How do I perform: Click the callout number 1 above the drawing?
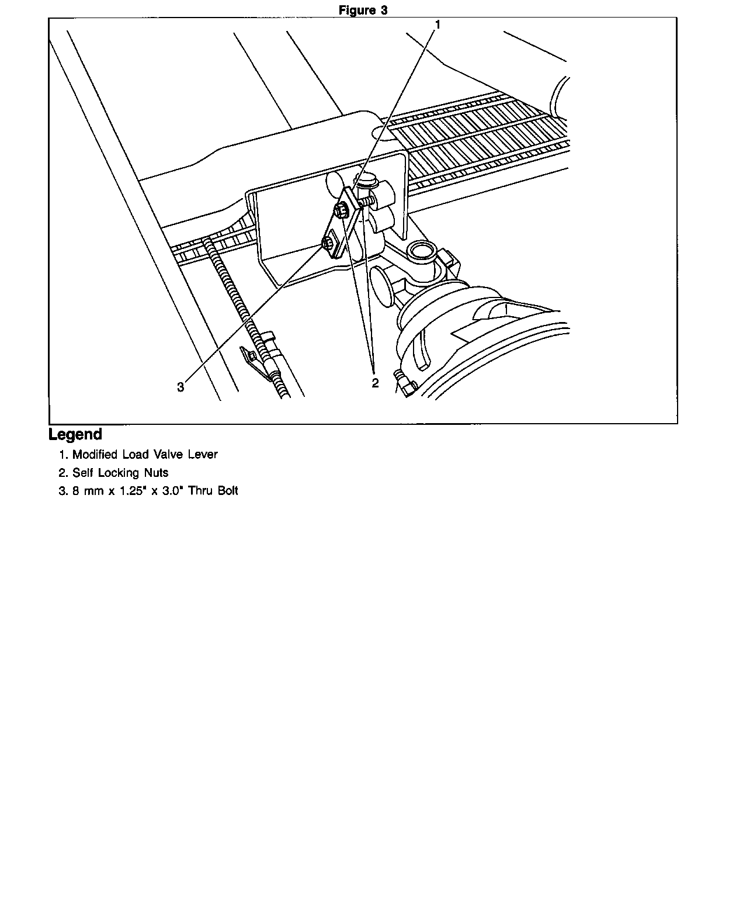pos(438,25)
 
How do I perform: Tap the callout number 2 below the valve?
pos(375,383)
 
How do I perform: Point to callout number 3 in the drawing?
pos(180,387)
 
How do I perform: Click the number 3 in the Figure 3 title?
pos(383,10)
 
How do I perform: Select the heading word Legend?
pos(75,434)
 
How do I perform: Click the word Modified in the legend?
pos(95,454)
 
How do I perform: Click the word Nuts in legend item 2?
pos(157,473)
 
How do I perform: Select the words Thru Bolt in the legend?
pos(213,490)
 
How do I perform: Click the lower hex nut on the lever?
pos(328,243)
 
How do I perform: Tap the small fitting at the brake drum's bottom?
pos(405,383)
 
